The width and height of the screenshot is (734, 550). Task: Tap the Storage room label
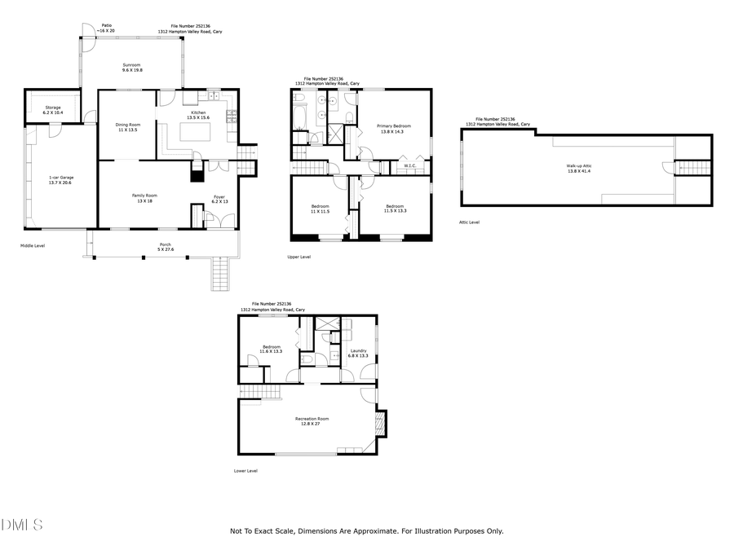53,109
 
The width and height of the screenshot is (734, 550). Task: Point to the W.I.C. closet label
410,167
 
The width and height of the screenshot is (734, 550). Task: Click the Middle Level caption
33,244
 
